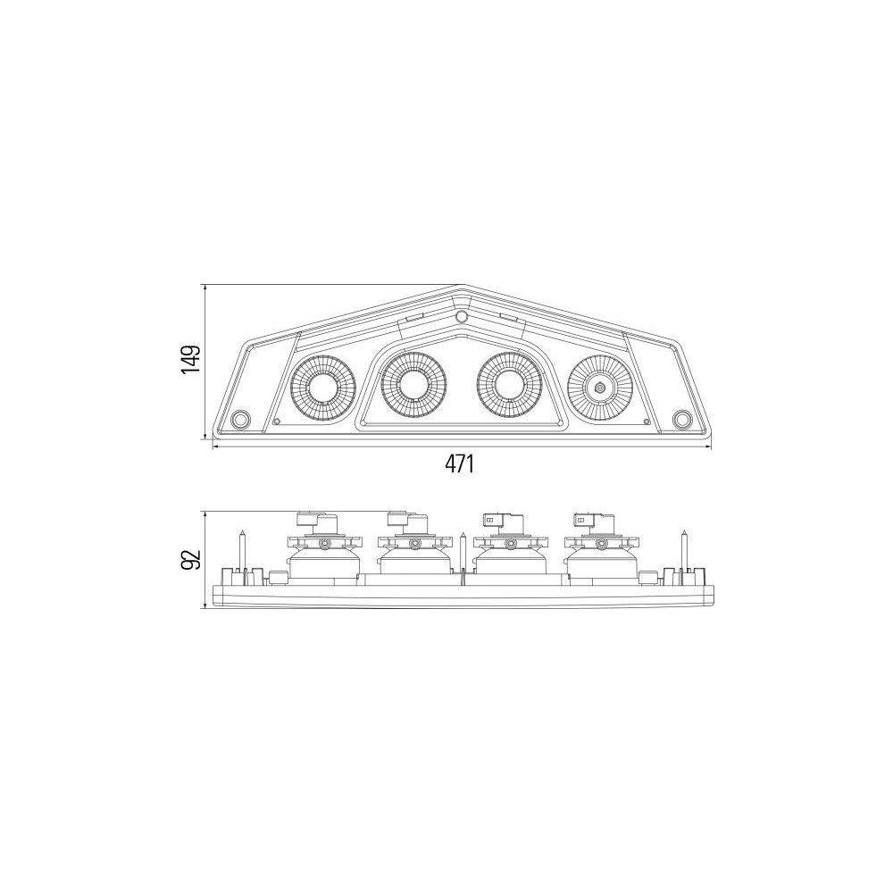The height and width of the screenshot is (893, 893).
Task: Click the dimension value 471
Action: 458,464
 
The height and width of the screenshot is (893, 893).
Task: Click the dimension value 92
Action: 190,559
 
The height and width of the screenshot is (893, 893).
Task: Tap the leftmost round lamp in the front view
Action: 323,386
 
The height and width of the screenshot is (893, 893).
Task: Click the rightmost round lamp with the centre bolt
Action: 600,386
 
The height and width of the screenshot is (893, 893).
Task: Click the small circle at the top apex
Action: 462,317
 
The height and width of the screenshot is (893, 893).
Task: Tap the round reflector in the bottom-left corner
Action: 240,420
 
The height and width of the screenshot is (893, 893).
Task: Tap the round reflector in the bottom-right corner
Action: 681,419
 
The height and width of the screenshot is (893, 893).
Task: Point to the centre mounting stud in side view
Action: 463,551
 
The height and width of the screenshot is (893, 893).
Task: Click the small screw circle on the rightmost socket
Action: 601,544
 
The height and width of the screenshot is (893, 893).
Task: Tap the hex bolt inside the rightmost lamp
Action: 600,387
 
